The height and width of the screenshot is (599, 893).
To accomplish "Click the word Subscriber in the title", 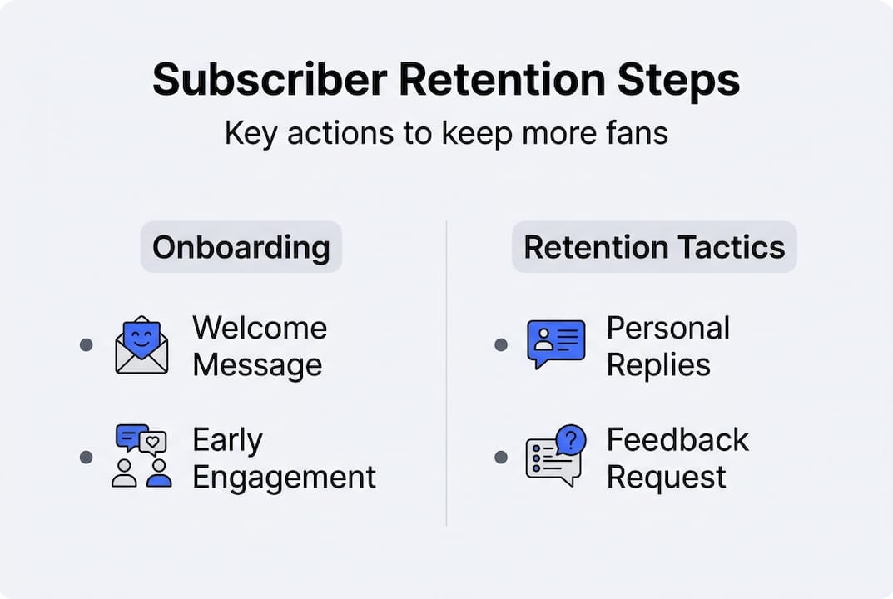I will (269, 80).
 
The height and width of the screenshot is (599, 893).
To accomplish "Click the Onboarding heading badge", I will (241, 247).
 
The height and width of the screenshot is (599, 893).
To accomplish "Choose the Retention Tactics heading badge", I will (654, 247).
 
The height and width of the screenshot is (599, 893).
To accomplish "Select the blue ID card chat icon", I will (556, 343).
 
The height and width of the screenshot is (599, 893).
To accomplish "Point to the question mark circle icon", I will (571, 440).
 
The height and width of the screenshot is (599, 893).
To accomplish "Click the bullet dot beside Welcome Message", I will (86, 344).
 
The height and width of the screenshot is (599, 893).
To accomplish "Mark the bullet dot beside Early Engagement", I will (86, 457).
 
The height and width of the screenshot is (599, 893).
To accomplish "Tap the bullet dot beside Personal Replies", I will (500, 344).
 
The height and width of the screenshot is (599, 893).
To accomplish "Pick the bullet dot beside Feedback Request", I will (500, 457).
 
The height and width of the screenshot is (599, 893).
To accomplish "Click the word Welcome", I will (260, 328).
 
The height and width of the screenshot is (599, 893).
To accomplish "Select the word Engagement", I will (285, 478).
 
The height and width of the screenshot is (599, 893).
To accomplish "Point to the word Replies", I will (658, 365).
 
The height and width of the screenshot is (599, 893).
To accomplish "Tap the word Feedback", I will (677, 439).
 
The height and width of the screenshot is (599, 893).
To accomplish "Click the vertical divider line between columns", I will (447, 374).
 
